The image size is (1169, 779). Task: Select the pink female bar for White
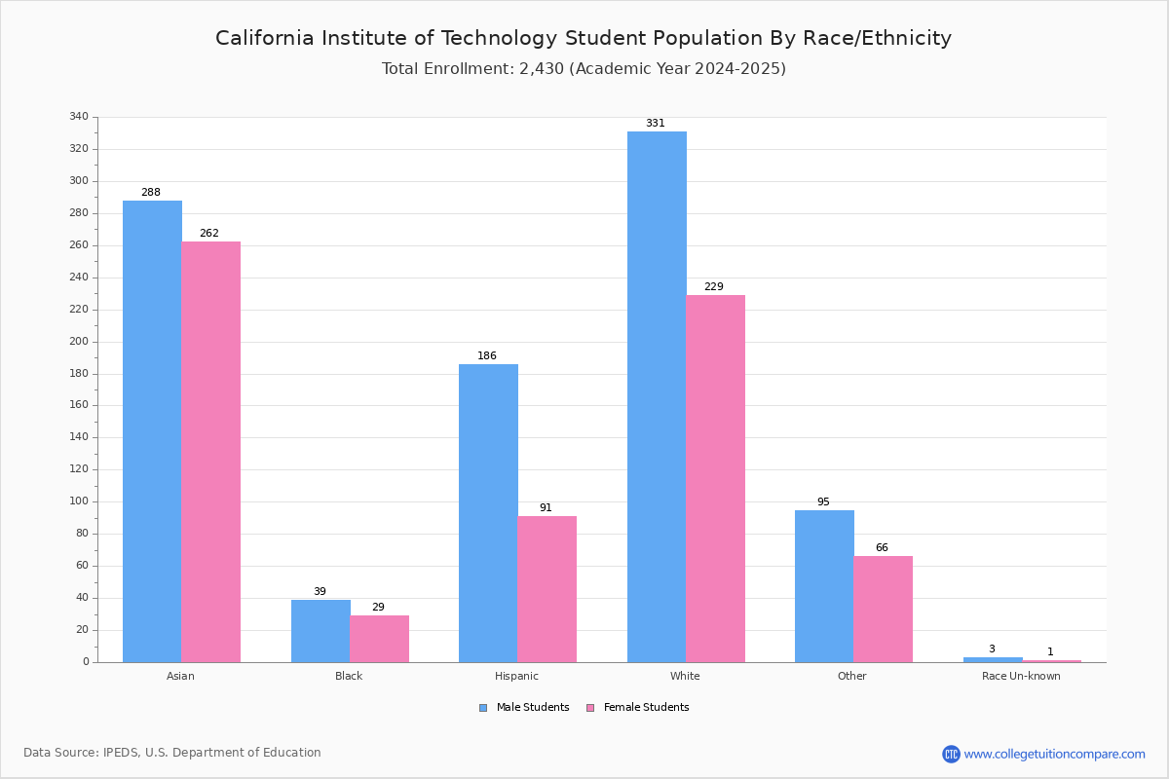[715, 478]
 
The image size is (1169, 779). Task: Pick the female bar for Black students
[379, 638]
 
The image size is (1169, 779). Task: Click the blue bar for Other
[824, 585]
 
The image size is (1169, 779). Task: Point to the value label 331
[655, 124]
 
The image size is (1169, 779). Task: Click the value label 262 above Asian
[209, 234]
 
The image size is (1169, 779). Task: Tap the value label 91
[546, 508]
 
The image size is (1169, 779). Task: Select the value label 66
[882, 548]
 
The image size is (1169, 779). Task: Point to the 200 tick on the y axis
[79, 342]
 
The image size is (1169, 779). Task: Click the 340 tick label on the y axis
[79, 117]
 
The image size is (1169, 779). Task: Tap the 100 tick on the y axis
[79, 501]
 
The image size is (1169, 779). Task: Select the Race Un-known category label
[1021, 676]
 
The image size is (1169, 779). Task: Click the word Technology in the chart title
[498, 38]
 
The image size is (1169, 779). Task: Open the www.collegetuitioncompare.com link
[1054, 754]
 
